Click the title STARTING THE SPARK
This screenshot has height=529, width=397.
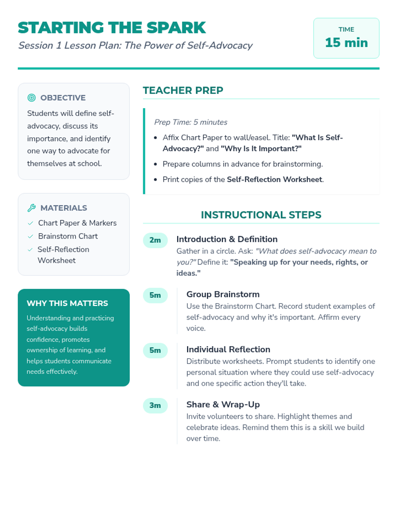pyautogui.click(x=112, y=28)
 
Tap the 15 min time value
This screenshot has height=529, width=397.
pyautogui.click(x=346, y=43)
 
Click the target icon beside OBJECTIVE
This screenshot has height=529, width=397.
pyautogui.click(x=31, y=98)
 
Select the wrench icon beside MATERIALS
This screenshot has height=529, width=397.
pyautogui.click(x=31, y=208)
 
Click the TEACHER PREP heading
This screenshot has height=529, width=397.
pyautogui.click(x=183, y=90)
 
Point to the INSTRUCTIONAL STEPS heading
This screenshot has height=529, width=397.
pyautogui.click(x=261, y=215)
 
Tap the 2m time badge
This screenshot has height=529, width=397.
pyautogui.click(x=155, y=240)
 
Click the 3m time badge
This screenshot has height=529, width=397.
pyautogui.click(x=155, y=405)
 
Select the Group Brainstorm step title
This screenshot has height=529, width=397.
pyautogui.click(x=223, y=294)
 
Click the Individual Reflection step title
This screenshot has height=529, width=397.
pyautogui.click(x=228, y=349)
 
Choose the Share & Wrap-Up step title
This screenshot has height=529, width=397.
pyautogui.click(x=223, y=405)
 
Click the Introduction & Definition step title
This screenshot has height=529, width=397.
pyautogui.click(x=227, y=239)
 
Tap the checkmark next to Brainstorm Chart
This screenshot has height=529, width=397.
pyautogui.click(x=30, y=236)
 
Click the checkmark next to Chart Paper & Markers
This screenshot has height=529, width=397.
pyautogui.click(x=30, y=223)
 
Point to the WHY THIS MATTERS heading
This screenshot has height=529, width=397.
pyautogui.click(x=67, y=303)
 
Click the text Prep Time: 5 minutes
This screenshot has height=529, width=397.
pyautogui.click(x=191, y=122)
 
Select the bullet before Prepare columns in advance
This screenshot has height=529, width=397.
pyautogui.click(x=155, y=164)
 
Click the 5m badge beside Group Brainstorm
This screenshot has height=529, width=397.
pyautogui.click(x=155, y=295)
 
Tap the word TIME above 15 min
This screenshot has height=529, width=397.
pyautogui.click(x=346, y=29)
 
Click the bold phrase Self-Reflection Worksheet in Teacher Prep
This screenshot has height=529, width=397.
pyautogui.click(x=274, y=180)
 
